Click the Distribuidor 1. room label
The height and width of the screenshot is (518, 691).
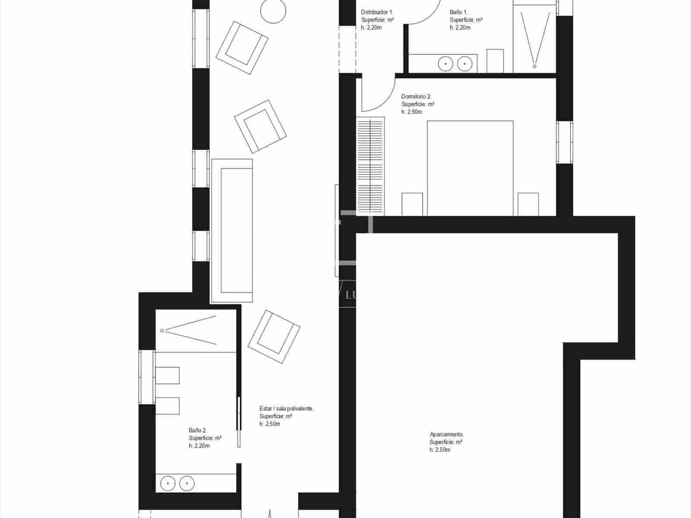point(377,13)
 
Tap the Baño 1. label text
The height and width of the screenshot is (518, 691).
point(458,13)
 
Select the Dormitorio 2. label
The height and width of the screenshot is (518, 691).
point(416,97)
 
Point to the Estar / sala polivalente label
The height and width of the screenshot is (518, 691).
point(286,408)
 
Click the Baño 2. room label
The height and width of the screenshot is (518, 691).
point(198,430)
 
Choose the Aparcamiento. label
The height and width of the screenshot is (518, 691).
point(447,434)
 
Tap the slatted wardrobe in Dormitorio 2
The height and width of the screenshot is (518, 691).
point(371,166)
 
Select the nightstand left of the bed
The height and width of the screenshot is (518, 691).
point(412,204)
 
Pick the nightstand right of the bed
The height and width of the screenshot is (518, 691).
point(528,204)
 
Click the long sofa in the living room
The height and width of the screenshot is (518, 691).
point(232,231)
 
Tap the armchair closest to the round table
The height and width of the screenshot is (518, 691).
point(242,47)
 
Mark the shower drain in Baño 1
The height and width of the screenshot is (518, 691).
point(534,66)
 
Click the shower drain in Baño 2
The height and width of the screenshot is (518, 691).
point(162,331)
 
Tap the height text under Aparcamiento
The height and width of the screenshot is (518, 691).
point(440,450)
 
